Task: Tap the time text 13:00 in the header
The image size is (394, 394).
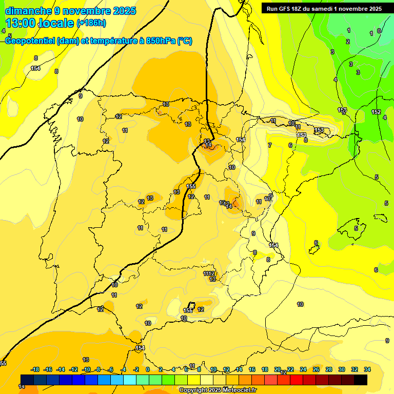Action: tap(21, 23)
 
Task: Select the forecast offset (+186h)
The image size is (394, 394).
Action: tap(91, 23)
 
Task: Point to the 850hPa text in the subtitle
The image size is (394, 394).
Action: tap(161, 41)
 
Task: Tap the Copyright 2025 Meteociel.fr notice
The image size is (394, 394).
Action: tap(218, 390)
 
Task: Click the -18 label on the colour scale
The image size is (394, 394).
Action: tap(35, 369)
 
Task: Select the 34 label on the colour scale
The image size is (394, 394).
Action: tap(367, 369)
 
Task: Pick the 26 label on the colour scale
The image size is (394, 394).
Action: tap(316, 369)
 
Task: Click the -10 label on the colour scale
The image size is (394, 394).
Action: tap(86, 369)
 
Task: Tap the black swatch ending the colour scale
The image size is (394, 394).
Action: tap(361, 380)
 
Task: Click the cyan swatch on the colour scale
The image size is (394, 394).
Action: tap(130, 380)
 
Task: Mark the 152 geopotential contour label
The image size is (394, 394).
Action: tap(376, 112)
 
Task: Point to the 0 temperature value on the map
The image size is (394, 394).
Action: tap(379, 31)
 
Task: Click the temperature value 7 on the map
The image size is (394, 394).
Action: tap(270, 146)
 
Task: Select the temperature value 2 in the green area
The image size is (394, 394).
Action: tap(348, 42)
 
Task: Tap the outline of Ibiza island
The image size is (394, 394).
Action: tap(314, 250)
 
